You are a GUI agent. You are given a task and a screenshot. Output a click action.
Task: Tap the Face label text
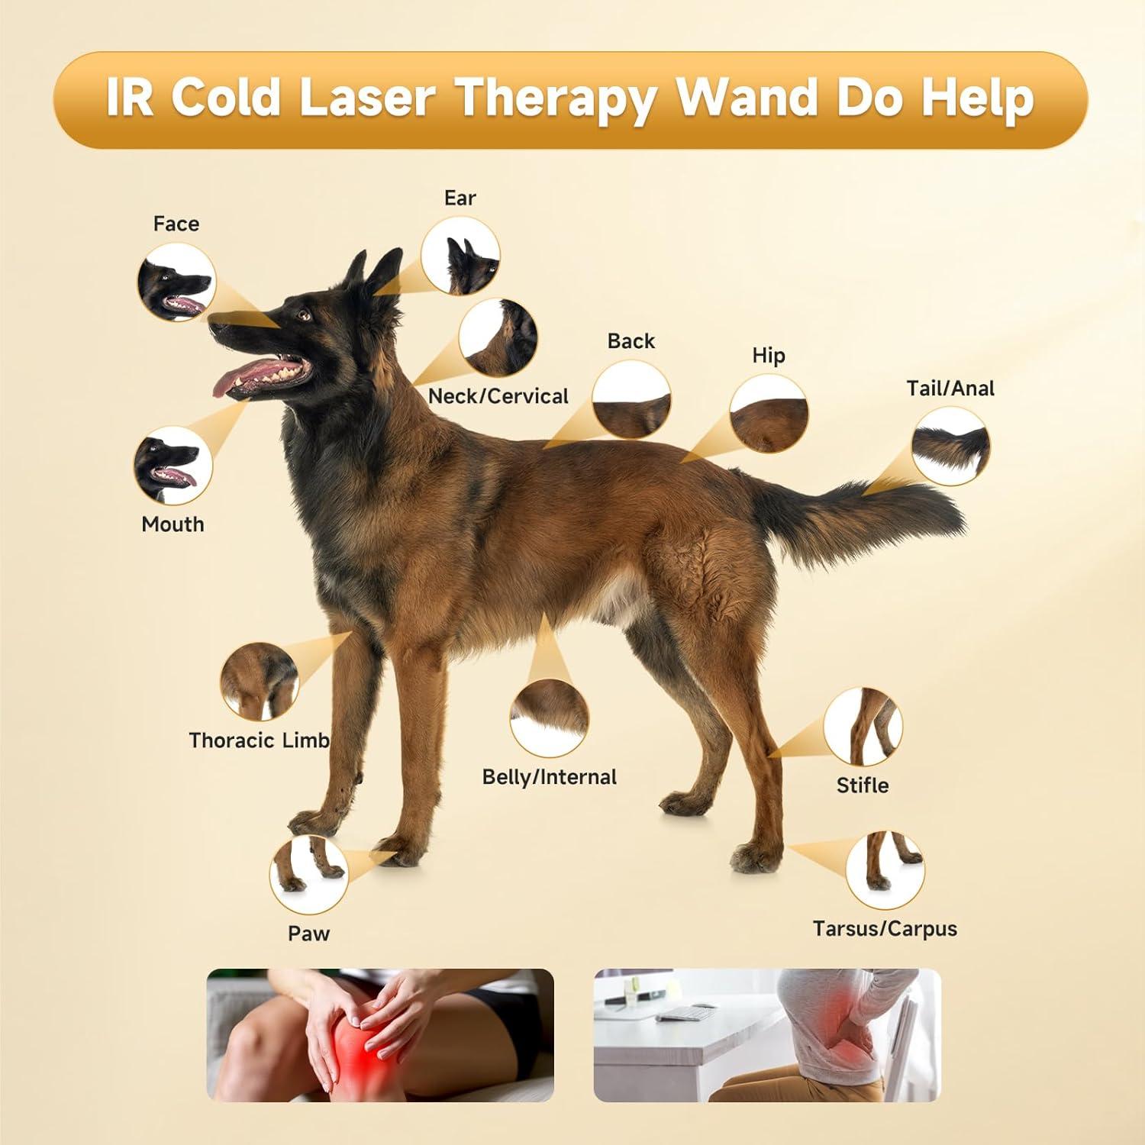[176, 224]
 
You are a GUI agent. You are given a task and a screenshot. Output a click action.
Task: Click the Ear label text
[460, 198]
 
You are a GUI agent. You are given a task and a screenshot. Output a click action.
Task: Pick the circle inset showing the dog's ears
[461, 256]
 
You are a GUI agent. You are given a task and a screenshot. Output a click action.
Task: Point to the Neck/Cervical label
[498, 396]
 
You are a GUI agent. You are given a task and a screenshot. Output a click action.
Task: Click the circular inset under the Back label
[632, 399]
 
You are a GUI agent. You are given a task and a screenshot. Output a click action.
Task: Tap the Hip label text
[768, 356]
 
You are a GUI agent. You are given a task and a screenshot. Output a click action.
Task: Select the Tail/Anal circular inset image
[950, 446]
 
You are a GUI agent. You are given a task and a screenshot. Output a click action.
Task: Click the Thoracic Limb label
[259, 740]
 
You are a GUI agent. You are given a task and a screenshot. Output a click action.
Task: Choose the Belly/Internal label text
[549, 777]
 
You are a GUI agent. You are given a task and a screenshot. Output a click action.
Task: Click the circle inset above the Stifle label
[863, 727]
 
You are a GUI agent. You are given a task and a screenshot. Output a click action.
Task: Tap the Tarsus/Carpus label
[884, 929]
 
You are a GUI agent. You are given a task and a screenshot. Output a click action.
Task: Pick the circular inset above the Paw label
[308, 874]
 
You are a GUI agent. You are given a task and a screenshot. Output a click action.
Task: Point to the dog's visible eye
[304, 314]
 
